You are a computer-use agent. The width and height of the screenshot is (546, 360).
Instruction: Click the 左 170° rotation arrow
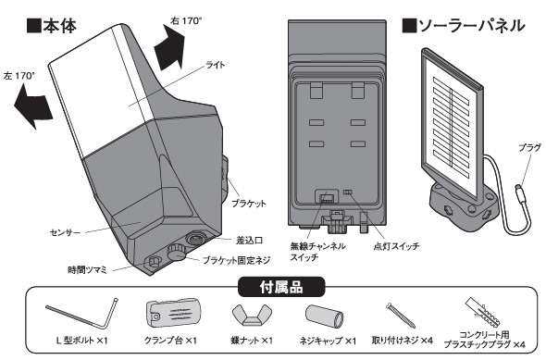32,106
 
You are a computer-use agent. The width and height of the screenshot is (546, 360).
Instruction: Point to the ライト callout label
216,65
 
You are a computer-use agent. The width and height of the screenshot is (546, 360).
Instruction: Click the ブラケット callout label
249,204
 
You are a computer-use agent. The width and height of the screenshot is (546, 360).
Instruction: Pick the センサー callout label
65,232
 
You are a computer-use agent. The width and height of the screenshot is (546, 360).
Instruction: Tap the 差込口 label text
249,241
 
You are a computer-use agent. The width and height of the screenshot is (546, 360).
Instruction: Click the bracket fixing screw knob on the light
177,253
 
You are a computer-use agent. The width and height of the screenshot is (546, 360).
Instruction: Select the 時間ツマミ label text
87,270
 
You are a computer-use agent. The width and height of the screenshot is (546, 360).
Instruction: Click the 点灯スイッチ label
396,246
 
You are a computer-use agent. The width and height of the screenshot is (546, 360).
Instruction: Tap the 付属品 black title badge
281,287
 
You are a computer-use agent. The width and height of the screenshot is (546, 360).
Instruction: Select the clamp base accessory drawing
173,313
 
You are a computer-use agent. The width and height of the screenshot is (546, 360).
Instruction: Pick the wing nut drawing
252,315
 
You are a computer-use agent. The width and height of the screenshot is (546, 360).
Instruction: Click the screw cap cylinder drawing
325,317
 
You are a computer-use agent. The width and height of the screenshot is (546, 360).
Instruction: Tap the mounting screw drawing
401,315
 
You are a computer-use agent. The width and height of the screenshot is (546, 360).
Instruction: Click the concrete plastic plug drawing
484,311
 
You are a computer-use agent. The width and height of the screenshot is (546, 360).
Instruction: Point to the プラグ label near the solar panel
529,148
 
